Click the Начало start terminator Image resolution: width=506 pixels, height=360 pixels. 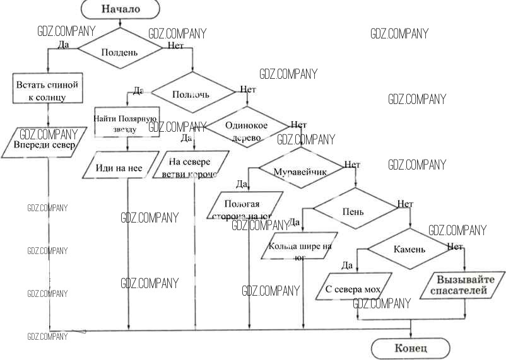120,9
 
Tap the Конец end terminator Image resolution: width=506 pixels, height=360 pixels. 411,348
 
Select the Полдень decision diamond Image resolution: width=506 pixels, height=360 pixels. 119,52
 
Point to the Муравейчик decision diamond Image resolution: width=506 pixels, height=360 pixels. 298,171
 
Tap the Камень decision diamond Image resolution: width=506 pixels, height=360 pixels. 409,248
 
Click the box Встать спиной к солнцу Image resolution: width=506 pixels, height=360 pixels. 48,89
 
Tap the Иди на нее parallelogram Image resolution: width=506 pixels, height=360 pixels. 119,167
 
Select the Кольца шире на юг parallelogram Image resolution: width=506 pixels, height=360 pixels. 300,247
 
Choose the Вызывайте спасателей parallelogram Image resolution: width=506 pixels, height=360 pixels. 462,285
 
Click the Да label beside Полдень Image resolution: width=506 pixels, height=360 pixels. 63,45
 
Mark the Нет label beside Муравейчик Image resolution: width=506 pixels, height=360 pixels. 352,165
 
